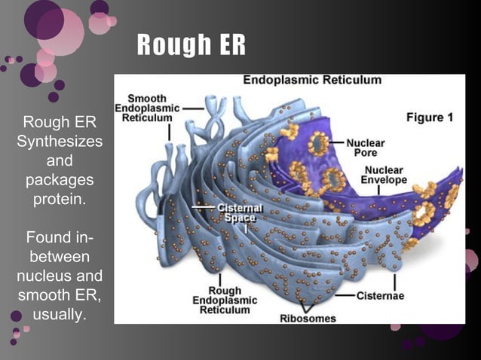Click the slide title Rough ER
pos(191,46)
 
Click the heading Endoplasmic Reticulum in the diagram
pos(311,80)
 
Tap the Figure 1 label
pos(430,117)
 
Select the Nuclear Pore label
pos(366,147)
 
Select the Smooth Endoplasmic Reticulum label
pos(147,108)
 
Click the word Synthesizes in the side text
pos(60,142)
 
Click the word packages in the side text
pos(60,181)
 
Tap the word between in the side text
pos(60,257)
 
